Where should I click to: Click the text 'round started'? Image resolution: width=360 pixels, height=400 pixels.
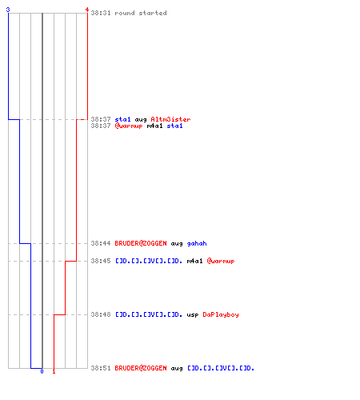[141, 13]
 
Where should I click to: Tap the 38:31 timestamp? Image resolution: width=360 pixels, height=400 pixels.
[101, 13]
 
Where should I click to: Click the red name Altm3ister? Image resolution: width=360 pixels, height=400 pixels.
[170, 119]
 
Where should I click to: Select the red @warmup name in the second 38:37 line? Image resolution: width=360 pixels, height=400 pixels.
[129, 126]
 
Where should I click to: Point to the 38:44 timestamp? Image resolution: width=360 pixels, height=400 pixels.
[101, 243]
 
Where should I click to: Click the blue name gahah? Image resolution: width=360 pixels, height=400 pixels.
[197, 243]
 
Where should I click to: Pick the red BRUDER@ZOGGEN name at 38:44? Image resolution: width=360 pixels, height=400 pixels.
[141, 243]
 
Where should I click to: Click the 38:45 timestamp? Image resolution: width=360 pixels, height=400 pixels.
[101, 261]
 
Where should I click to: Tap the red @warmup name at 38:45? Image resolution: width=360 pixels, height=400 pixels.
[221, 261]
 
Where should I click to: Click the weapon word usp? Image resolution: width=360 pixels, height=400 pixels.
[193, 315]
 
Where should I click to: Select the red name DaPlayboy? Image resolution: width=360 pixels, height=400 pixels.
[221, 314]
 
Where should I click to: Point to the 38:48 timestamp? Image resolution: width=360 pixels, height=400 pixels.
[101, 314]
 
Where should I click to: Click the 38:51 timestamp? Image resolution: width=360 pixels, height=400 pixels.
[101, 368]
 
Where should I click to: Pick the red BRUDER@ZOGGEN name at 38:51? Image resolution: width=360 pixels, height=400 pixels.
[141, 368]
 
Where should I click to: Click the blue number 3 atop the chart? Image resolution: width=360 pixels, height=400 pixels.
[8, 10]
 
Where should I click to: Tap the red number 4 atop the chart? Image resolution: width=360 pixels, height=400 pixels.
[87, 10]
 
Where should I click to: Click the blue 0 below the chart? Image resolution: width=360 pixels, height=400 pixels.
[42, 371]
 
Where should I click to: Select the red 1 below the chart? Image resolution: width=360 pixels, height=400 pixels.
[54, 371]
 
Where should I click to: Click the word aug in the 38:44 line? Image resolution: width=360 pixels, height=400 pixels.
[177, 244]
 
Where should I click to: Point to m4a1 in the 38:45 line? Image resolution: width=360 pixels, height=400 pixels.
[194, 261]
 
